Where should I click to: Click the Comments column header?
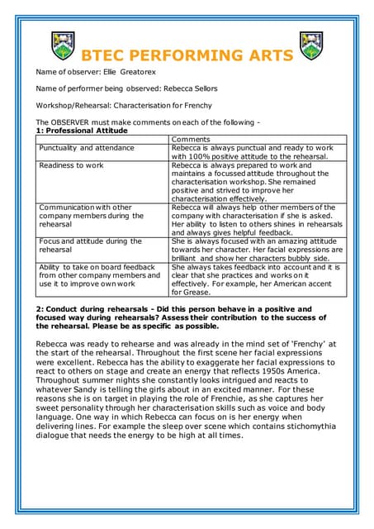[191, 140]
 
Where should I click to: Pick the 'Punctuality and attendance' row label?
[86, 148]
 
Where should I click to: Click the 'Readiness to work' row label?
[71, 164]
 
